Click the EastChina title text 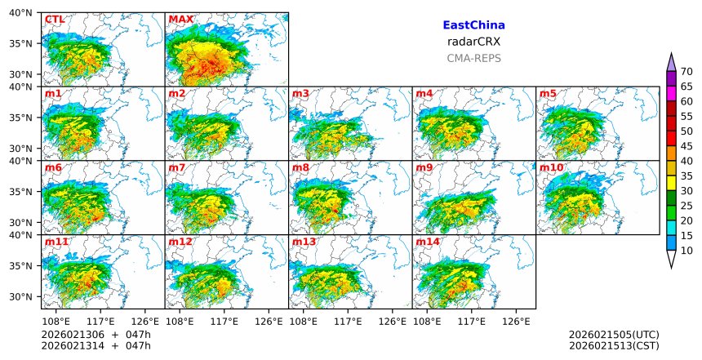pyautogui.click(x=473, y=25)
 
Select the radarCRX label pyautogui.click(x=473, y=42)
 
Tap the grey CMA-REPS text pyautogui.click(x=473, y=58)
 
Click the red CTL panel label pyautogui.click(x=54, y=19)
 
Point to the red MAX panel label pyautogui.click(x=180, y=19)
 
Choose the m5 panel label pyautogui.click(x=548, y=93)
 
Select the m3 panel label pyautogui.click(x=300, y=93)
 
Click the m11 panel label pyautogui.click(x=56, y=242)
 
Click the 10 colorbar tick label pyautogui.click(x=686, y=251)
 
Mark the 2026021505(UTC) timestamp pyautogui.click(x=613, y=335)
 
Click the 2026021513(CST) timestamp pyautogui.click(x=613, y=346)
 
